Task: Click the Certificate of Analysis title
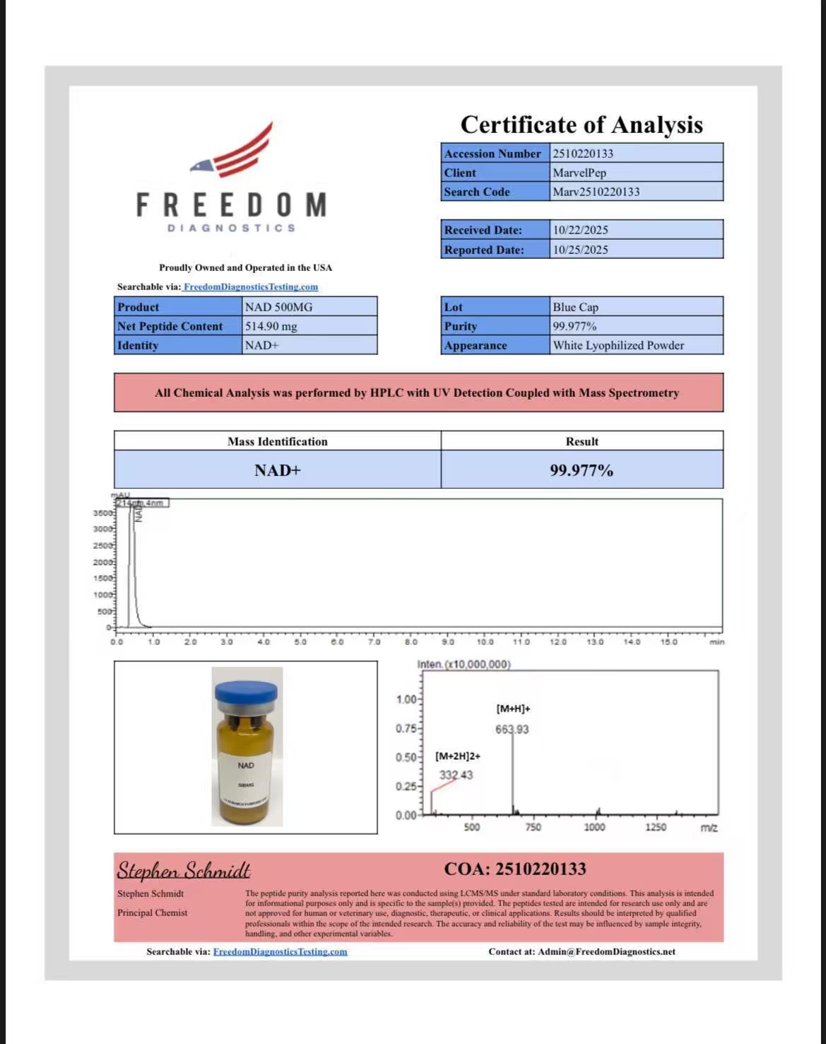click(x=582, y=124)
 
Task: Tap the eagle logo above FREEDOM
click(x=233, y=153)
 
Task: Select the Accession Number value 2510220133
click(x=583, y=153)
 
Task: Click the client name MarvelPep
click(x=579, y=173)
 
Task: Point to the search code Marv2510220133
click(x=596, y=192)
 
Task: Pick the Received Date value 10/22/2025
click(x=580, y=230)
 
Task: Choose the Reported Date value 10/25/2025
click(x=580, y=250)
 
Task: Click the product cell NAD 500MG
click(x=278, y=307)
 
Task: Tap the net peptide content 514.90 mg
click(x=271, y=326)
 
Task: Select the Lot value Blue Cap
click(x=575, y=307)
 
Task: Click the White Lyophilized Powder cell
click(x=618, y=345)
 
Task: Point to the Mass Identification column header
click(x=278, y=441)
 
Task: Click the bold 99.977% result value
click(x=582, y=470)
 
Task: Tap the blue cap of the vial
click(x=247, y=692)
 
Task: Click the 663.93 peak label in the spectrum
click(x=512, y=729)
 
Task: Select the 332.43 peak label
click(x=456, y=775)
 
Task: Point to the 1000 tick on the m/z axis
click(x=594, y=827)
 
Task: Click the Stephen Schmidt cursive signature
click(x=184, y=870)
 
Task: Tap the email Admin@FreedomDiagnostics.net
click(x=606, y=951)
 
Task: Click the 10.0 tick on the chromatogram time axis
click(x=485, y=642)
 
